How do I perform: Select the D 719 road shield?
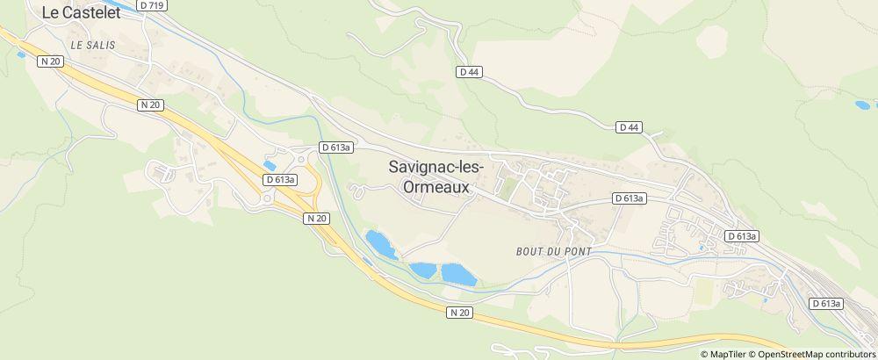coord(156,5)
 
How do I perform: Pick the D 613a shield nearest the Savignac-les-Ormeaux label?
coord(335,148)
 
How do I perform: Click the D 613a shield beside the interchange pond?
coord(280,179)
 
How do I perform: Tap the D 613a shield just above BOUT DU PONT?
coord(630,198)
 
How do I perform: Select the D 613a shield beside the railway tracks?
coord(825,303)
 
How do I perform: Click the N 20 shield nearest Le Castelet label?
coord(52,61)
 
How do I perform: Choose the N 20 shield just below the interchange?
coord(317,217)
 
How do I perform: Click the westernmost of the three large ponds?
coord(381,243)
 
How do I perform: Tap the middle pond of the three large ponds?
coord(422,270)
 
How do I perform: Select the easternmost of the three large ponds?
coord(457,274)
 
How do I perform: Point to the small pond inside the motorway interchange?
coord(269,164)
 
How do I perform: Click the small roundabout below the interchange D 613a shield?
coord(267,198)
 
